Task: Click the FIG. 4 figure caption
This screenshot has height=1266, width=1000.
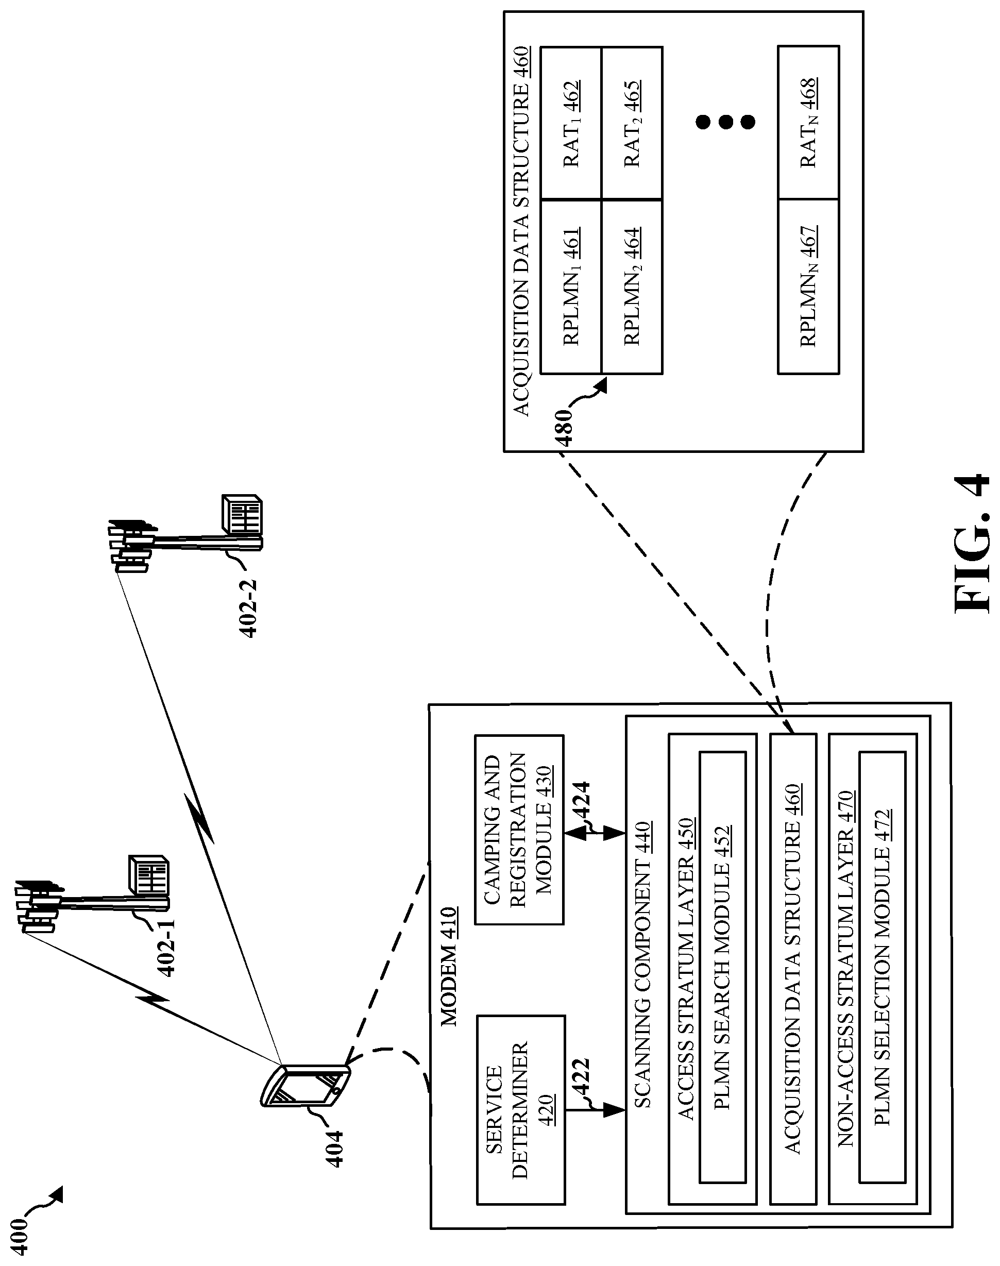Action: pyautogui.click(x=972, y=545)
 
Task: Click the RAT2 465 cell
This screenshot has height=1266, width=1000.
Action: pyautogui.click(x=632, y=124)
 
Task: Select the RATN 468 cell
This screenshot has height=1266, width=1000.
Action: pyautogui.click(x=808, y=124)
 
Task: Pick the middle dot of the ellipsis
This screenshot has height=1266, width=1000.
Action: pyautogui.click(x=726, y=122)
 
